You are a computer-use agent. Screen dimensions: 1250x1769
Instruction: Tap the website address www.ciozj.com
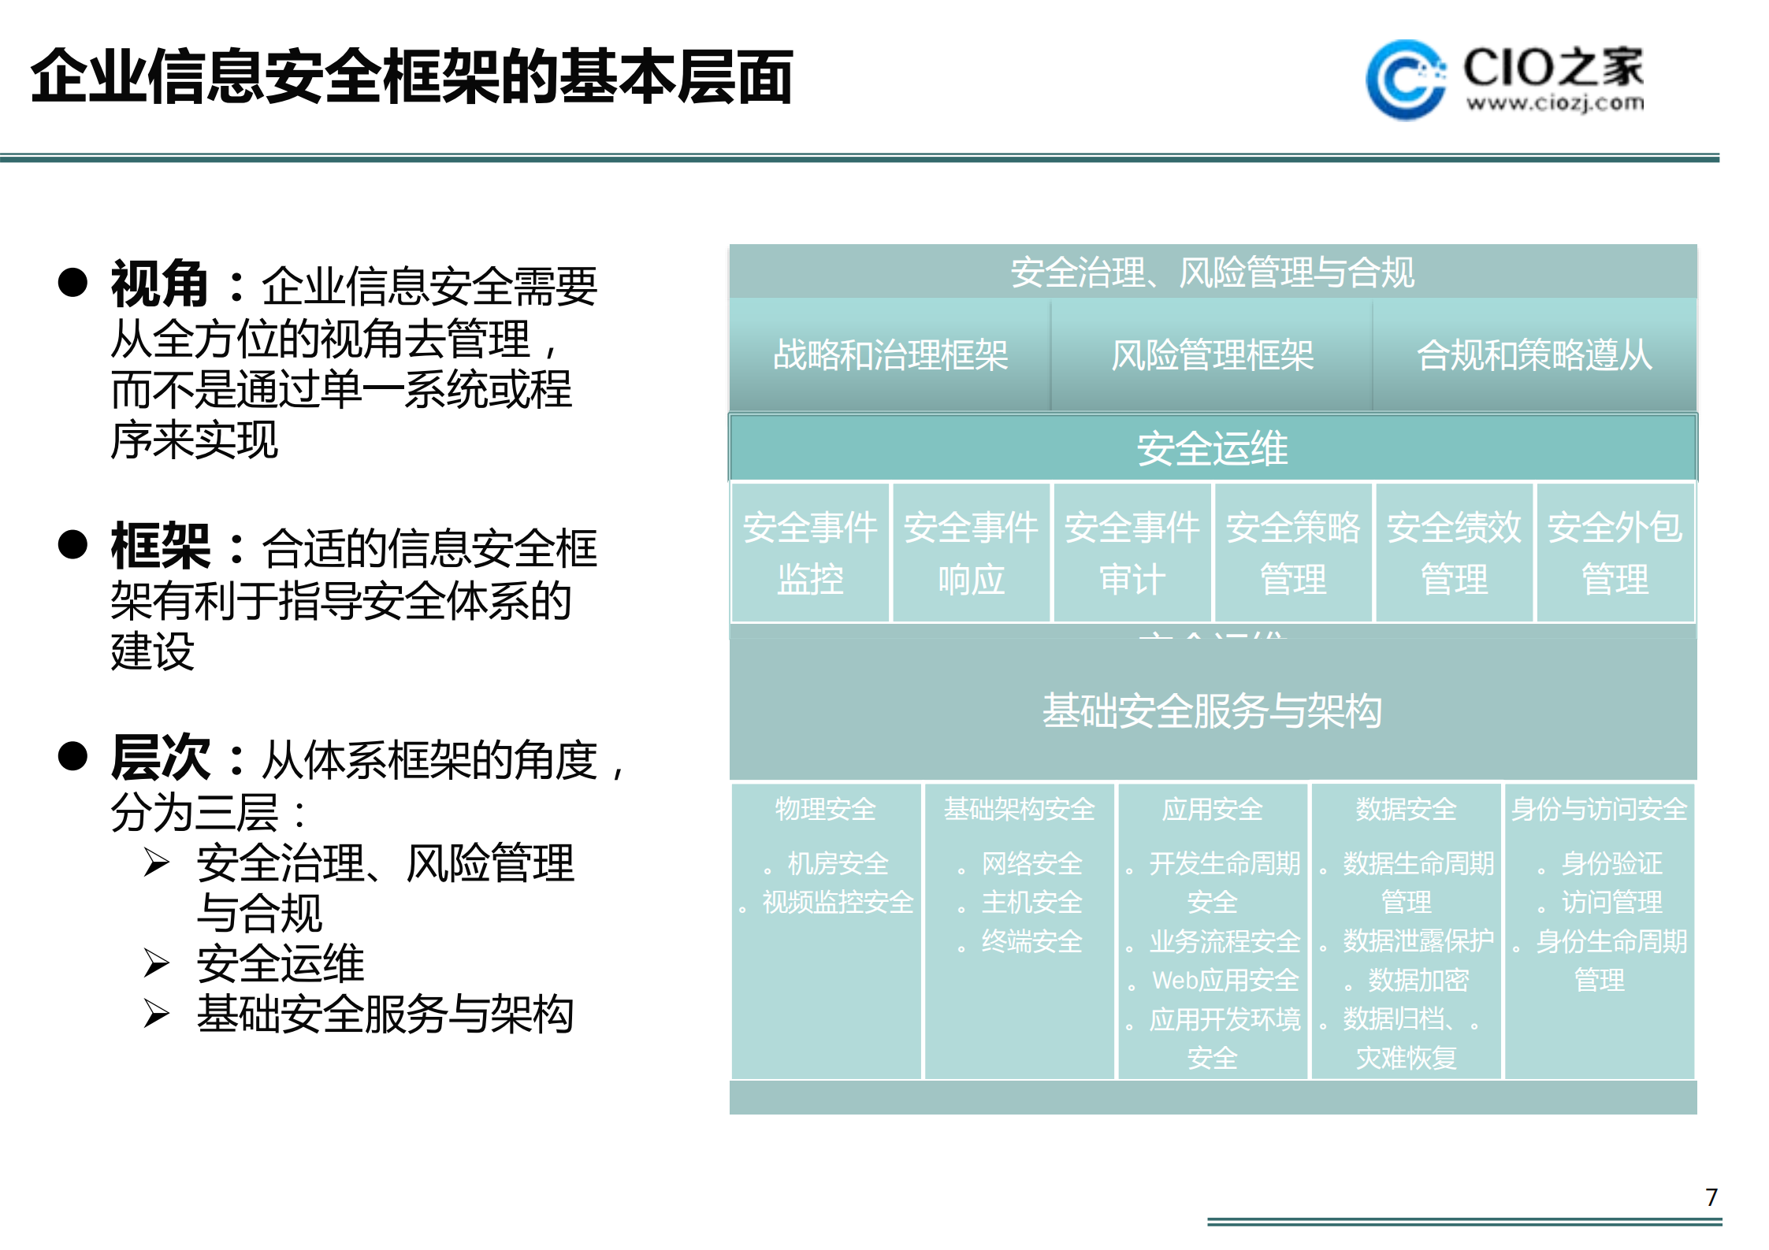(1555, 103)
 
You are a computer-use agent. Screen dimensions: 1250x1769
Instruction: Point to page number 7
(1711, 1197)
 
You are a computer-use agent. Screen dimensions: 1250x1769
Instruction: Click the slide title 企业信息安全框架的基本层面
(411, 77)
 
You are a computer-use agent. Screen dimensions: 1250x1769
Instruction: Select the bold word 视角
(159, 284)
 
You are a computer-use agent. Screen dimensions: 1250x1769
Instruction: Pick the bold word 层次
(161, 758)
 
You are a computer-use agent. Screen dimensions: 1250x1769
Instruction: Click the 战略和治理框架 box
(890, 355)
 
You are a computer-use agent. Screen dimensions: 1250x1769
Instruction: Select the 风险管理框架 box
(1212, 355)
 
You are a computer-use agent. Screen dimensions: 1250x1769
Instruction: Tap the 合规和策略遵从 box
(1534, 355)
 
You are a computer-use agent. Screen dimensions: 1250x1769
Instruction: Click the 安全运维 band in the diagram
(1212, 448)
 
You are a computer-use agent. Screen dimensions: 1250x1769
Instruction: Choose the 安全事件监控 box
(810, 553)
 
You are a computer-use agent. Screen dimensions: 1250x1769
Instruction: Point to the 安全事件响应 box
(971, 553)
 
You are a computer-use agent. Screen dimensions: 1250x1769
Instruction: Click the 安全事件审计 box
(1132, 553)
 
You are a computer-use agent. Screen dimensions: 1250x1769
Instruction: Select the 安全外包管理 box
(1615, 553)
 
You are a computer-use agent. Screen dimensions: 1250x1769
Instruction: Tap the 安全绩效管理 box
(1454, 553)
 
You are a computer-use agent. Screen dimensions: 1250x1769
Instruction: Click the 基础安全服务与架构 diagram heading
(1212, 710)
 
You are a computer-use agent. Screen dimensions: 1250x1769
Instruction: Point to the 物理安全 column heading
(825, 809)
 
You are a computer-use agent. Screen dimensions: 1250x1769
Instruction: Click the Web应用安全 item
(1225, 981)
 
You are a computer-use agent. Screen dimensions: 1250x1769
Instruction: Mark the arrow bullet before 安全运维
(156, 963)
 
